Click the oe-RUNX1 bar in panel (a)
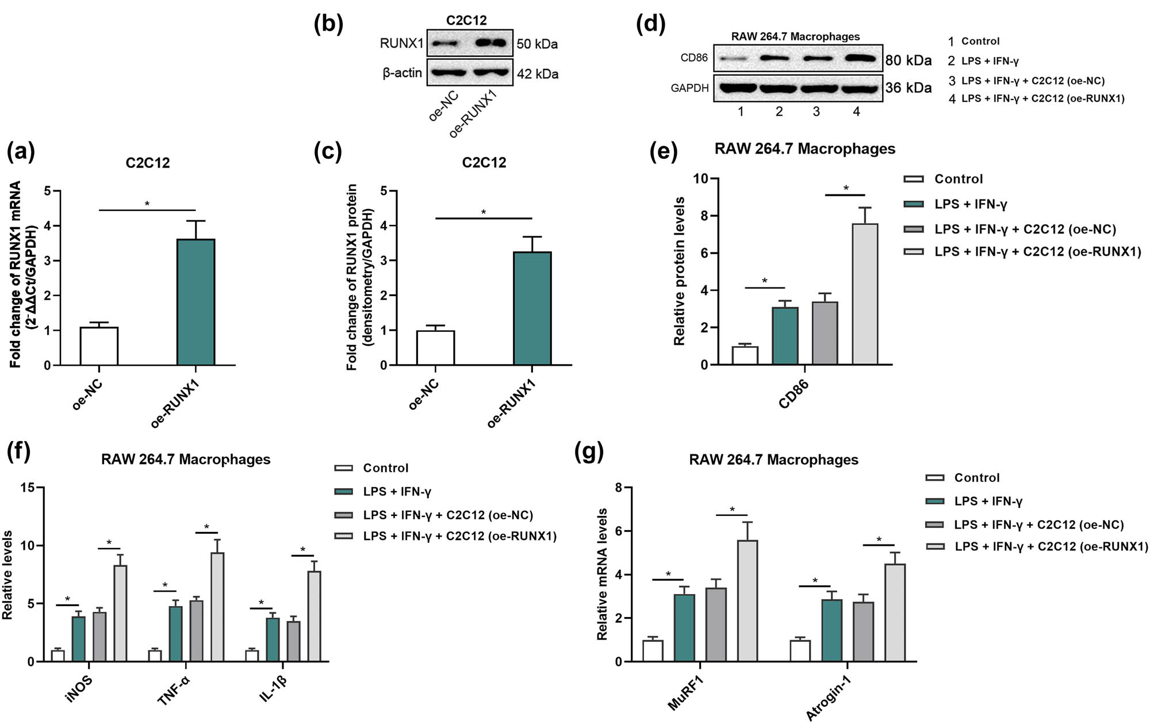195,302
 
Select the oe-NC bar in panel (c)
435,347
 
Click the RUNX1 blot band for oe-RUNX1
491,43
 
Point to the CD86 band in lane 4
859,58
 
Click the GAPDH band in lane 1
738,88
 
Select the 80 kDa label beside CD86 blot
908,60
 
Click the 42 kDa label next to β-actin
537,74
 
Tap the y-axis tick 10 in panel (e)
700,179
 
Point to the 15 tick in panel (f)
27,488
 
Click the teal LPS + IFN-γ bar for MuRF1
684,627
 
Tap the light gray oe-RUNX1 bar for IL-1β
314,616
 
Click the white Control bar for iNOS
57,656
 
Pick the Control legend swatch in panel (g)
935,478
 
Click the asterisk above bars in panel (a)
147,204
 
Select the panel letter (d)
650,24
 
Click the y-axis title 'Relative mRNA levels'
602,574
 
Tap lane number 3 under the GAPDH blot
816,112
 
